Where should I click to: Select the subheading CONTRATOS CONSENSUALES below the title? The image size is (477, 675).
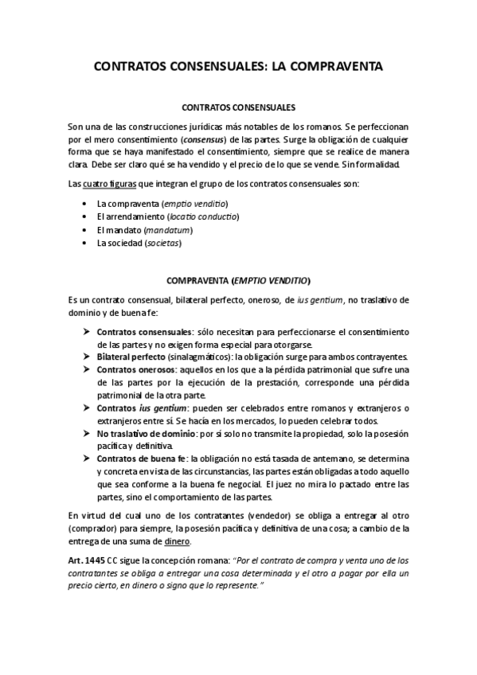[x=238, y=106]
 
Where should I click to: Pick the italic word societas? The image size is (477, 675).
[x=162, y=243]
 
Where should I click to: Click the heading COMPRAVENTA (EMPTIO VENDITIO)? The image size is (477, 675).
[x=238, y=281]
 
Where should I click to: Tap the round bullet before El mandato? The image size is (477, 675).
[x=84, y=230]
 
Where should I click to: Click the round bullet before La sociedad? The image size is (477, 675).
[x=84, y=243]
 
